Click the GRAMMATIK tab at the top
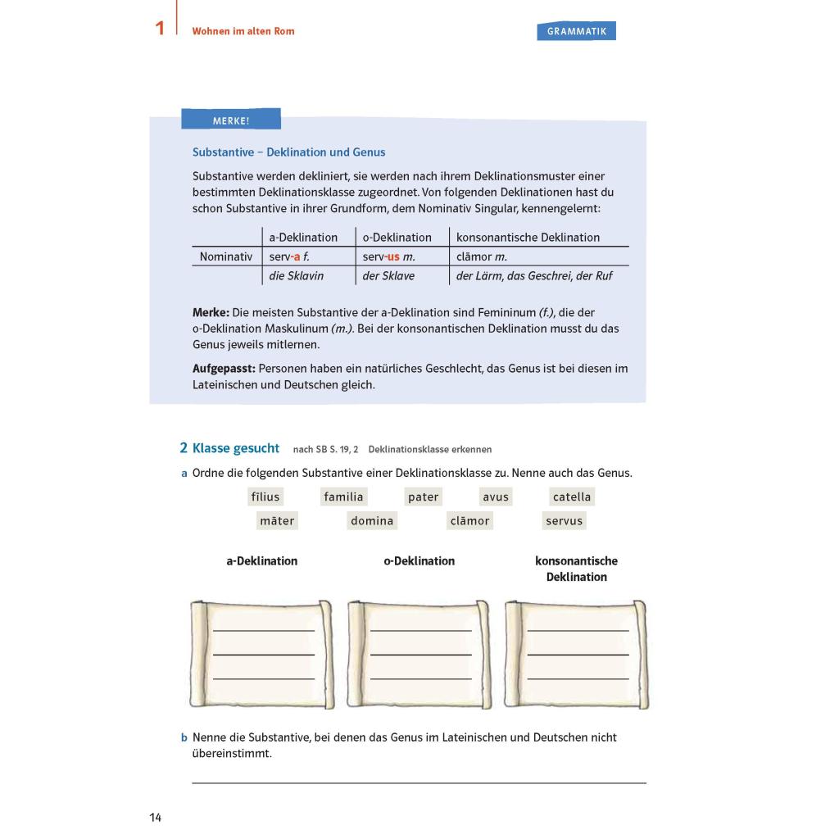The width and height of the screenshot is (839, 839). [576, 31]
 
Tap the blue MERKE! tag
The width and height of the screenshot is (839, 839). [230, 120]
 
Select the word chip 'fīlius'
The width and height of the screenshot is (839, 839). [265, 497]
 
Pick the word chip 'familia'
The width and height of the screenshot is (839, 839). [343, 497]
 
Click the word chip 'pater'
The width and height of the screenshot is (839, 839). [424, 497]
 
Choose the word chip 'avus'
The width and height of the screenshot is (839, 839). [496, 497]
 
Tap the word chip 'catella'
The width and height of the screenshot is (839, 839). [572, 497]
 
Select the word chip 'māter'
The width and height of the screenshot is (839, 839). [277, 520]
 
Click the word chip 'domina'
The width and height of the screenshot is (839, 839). [372, 520]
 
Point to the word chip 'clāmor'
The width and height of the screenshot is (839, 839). [470, 520]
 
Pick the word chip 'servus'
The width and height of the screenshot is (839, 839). [565, 520]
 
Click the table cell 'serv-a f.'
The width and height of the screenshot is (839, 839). [289, 256]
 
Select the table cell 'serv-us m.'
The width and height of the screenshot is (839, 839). [389, 256]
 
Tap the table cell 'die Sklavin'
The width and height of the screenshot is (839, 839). [296, 276]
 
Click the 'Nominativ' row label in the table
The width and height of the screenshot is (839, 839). [226, 256]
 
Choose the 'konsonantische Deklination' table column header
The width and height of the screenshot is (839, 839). [528, 238]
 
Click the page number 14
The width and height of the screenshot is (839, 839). [156, 818]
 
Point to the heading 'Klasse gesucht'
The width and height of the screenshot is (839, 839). [236, 448]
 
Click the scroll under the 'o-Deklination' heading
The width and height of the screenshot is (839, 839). [419, 654]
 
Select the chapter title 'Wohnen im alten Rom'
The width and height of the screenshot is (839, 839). [243, 31]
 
